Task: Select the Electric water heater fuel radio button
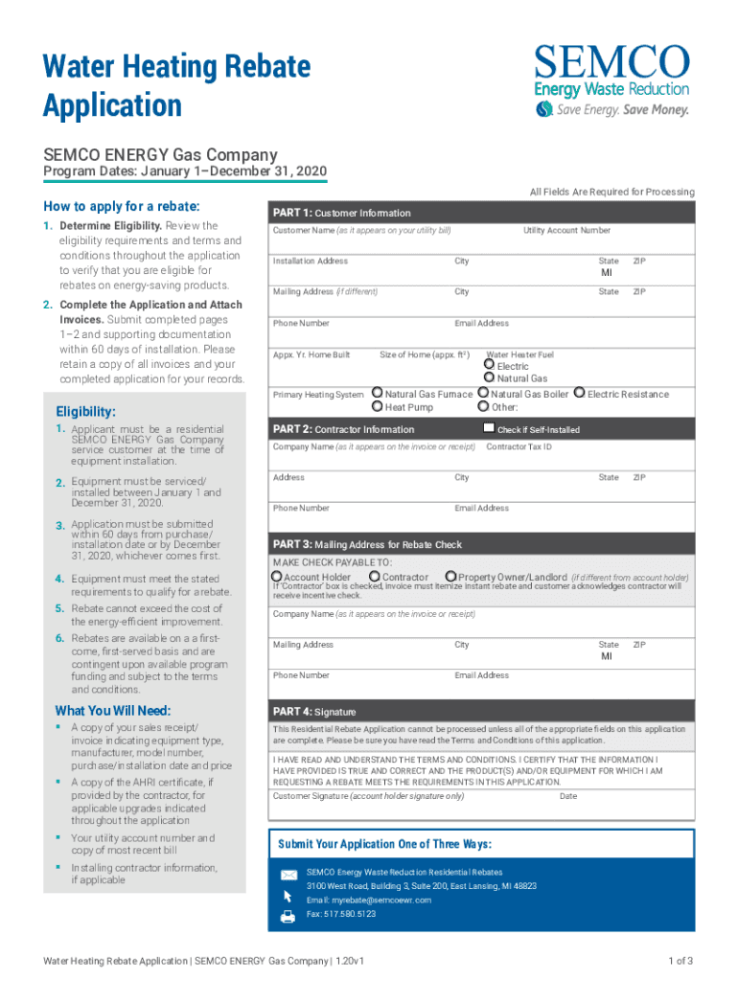[x=489, y=365]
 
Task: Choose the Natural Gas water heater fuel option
[x=489, y=378]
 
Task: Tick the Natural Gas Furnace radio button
[x=377, y=393]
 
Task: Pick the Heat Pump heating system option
[x=377, y=407]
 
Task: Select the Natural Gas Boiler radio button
[x=483, y=393]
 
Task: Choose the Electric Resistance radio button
[x=579, y=393]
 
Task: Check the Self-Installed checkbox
[x=489, y=428]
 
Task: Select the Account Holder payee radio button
[x=277, y=577]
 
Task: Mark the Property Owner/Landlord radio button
[x=450, y=577]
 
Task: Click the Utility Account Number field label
[x=566, y=231]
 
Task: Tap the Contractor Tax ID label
[x=519, y=446]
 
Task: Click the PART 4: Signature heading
[x=314, y=712]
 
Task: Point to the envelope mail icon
[x=288, y=875]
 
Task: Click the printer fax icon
[x=288, y=916]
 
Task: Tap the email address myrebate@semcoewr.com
[x=369, y=901]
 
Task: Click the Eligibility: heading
[x=85, y=411]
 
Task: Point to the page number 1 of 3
[x=680, y=961]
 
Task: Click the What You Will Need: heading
[x=113, y=710]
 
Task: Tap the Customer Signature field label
[x=368, y=796]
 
